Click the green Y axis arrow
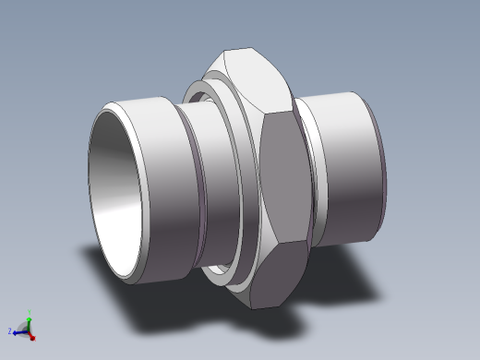tap(29, 318)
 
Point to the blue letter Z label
tap(9, 330)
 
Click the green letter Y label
tap(30, 311)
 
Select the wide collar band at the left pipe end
tap(152, 185)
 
